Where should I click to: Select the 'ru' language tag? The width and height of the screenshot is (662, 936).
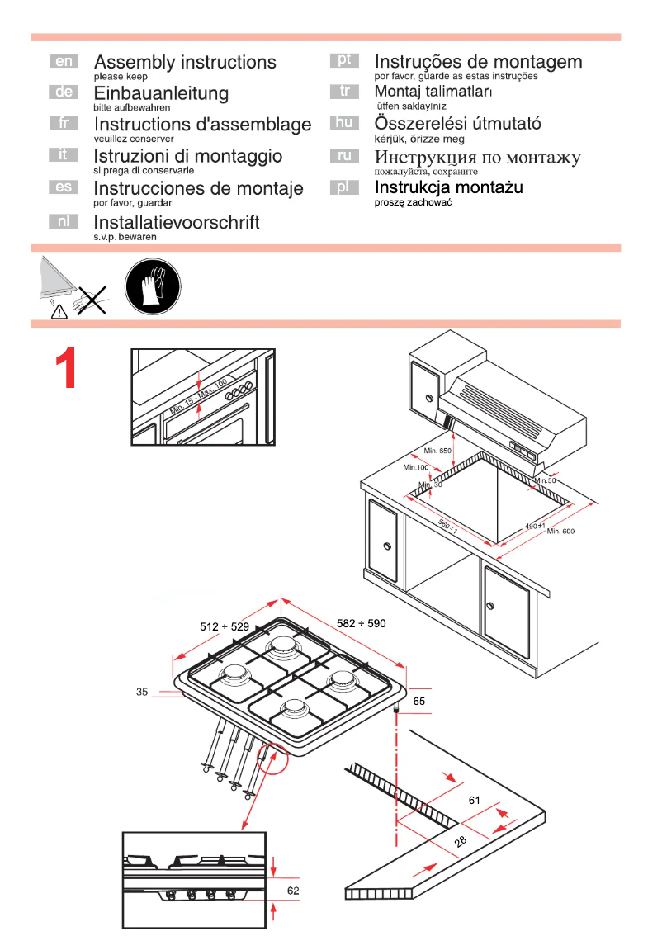point(344,155)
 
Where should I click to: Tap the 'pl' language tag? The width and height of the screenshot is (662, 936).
point(344,187)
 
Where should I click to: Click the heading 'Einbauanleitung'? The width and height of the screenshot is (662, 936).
point(161,92)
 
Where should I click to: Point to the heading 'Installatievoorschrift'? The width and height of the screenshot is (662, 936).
point(177,222)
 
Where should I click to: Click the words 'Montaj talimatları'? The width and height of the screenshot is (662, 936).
point(433,92)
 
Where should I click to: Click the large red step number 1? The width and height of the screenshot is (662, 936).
point(67,369)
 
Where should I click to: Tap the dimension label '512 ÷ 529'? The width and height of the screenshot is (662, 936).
point(224,626)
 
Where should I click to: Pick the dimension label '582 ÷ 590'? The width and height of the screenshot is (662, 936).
point(362,623)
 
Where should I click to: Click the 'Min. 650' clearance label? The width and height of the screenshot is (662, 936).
point(437,451)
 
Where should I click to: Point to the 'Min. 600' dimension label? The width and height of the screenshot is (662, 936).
point(560,531)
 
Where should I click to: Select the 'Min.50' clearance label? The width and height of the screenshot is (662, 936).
point(546,480)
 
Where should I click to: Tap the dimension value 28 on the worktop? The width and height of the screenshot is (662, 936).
point(460,841)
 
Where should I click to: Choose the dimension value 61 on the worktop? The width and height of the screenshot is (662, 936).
point(474,800)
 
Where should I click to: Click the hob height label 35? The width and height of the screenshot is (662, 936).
point(142,693)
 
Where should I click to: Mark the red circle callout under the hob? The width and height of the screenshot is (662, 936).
point(272,756)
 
